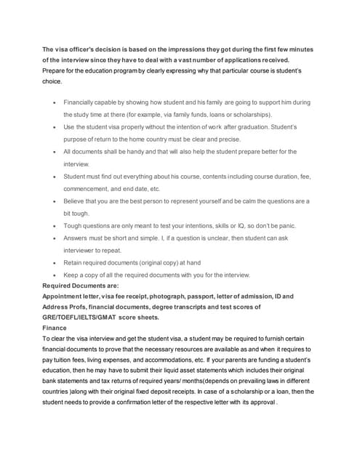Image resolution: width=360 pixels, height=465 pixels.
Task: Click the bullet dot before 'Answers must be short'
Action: (x=55, y=238)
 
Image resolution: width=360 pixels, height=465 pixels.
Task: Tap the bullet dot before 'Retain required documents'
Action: (x=55, y=263)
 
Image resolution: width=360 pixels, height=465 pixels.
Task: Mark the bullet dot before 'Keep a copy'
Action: (x=55, y=275)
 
